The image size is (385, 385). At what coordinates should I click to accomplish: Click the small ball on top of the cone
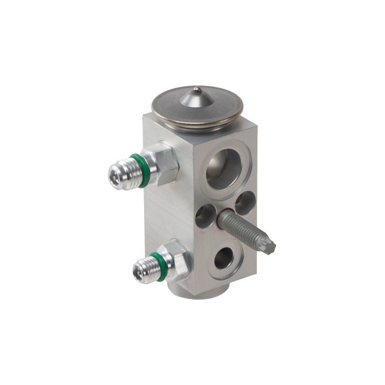196,90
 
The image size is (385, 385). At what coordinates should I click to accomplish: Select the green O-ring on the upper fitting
142,170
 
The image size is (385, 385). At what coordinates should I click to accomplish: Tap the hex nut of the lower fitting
177,260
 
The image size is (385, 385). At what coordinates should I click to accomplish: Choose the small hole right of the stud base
245,202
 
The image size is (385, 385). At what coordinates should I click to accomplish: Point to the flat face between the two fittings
165,215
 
